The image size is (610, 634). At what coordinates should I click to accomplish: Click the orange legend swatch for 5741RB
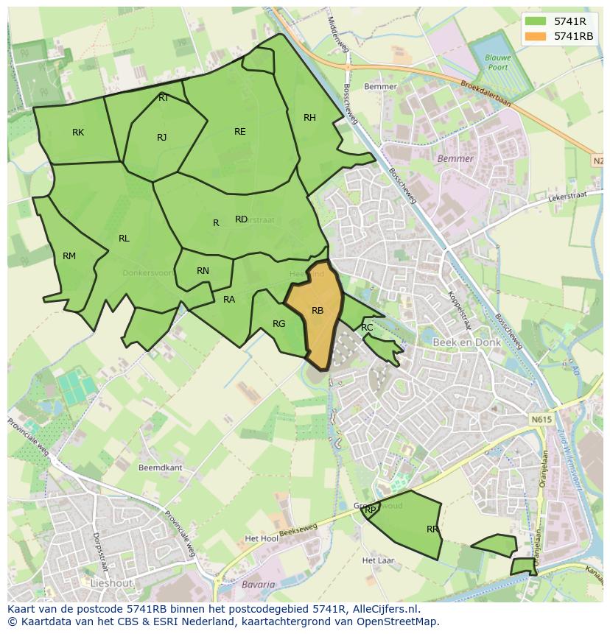click(x=536, y=36)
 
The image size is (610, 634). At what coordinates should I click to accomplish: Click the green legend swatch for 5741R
click(x=536, y=21)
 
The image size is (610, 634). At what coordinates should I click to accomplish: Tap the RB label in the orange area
click(x=318, y=311)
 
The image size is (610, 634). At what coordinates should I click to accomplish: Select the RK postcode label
click(x=78, y=133)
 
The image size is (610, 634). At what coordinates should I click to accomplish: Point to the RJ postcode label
click(x=162, y=138)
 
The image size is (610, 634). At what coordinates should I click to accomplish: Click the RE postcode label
click(x=240, y=132)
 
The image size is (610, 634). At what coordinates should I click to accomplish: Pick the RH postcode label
click(x=309, y=118)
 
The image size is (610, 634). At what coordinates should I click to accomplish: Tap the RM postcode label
click(x=69, y=256)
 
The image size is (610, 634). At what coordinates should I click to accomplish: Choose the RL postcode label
click(x=124, y=239)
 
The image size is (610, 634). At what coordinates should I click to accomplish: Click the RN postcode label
click(x=203, y=271)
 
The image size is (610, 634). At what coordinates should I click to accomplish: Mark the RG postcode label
click(x=278, y=324)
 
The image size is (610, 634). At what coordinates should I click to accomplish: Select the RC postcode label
click(x=367, y=328)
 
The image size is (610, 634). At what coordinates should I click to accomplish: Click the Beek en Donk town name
click(x=466, y=343)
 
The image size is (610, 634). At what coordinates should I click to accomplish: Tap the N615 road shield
click(x=540, y=419)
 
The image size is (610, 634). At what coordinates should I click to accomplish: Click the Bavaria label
click(x=258, y=585)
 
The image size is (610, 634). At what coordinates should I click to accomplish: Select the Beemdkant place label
click(x=160, y=468)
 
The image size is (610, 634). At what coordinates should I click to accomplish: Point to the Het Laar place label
click(x=378, y=560)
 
